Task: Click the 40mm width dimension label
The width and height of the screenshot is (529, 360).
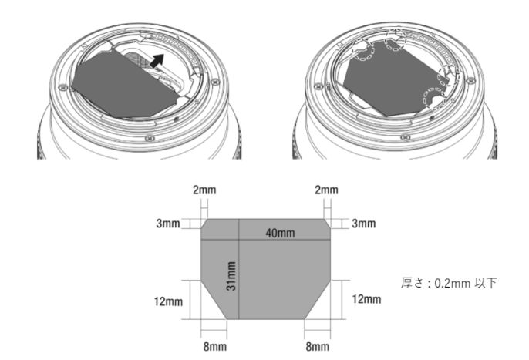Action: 280,233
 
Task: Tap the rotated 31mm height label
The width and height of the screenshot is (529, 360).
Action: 231,276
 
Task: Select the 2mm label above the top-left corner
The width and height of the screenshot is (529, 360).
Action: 204,190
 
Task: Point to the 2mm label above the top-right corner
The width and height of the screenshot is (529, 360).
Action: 327,190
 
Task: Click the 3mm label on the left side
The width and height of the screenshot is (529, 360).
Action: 168,224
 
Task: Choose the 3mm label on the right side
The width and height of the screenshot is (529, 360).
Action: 364,224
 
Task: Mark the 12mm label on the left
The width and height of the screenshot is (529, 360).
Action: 168,301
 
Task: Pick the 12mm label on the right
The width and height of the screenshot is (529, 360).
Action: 367,299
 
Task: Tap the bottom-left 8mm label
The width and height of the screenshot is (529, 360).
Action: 215,346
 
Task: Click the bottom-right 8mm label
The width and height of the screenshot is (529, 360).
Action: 318,346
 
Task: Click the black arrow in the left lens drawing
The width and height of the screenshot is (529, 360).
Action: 157,61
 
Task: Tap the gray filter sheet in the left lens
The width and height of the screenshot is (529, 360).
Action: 125,86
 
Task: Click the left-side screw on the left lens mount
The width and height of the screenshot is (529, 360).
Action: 62,88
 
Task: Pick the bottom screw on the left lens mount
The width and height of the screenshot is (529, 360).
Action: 150,138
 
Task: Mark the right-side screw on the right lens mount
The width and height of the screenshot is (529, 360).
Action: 470,81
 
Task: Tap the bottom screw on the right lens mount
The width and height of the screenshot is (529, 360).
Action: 405,137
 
